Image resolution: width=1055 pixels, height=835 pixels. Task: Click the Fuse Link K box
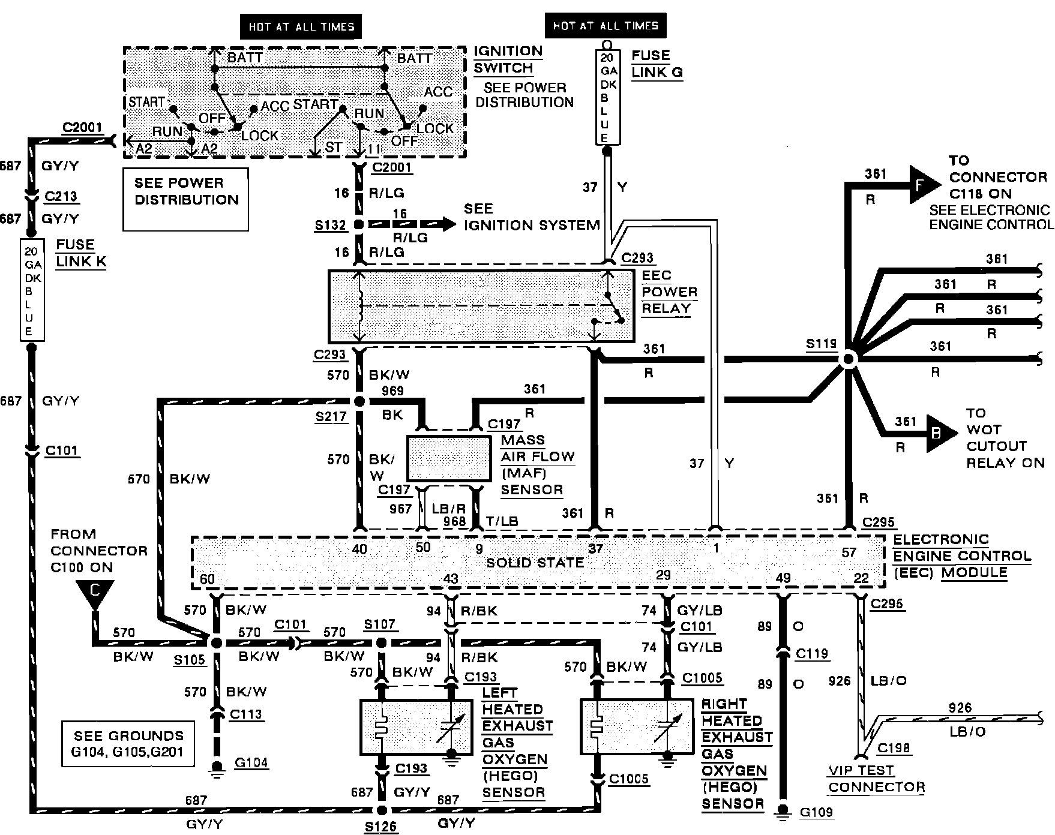[x=32, y=290]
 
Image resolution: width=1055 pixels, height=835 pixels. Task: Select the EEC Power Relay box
[x=481, y=306]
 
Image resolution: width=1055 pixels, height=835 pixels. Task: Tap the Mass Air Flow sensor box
[x=449, y=459]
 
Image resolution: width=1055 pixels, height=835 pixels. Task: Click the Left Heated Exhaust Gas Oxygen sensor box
[x=416, y=727]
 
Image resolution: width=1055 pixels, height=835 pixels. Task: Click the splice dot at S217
[x=359, y=401]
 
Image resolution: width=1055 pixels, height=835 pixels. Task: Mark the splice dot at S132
[x=359, y=225]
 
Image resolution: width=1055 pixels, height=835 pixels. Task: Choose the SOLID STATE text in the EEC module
[x=535, y=563]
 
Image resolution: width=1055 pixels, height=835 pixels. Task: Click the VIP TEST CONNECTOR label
[x=876, y=779]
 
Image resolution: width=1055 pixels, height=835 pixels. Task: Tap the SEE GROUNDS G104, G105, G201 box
[x=128, y=744]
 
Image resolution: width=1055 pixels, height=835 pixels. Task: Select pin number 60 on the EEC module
[x=207, y=579]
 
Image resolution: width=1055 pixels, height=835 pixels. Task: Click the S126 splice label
[x=381, y=827]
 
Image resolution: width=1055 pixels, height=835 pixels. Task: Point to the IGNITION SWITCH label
[x=508, y=59]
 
